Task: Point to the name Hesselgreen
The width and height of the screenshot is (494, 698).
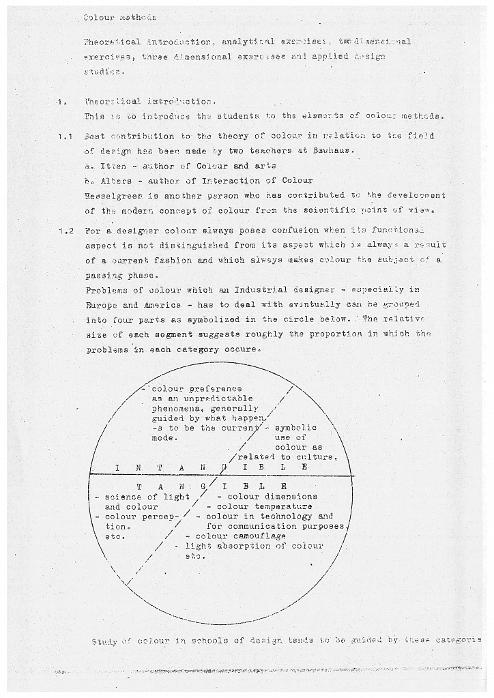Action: tap(113, 196)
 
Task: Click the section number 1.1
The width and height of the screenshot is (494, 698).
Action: tap(66, 136)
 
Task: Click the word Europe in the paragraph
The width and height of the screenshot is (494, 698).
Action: tap(102, 304)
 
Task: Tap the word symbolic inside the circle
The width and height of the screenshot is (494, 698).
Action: tap(295, 426)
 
